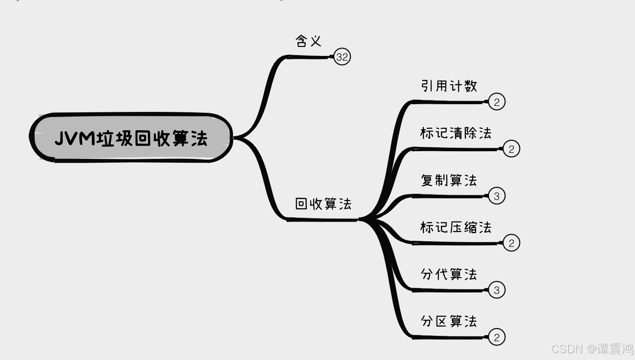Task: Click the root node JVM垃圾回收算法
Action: click(131, 138)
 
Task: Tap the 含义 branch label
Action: click(308, 41)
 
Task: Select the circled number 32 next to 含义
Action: click(342, 57)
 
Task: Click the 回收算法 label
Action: click(323, 204)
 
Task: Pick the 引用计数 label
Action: click(449, 86)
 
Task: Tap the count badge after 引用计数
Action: click(496, 102)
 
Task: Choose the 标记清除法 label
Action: click(456, 133)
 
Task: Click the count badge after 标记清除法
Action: click(511, 149)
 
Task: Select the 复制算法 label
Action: click(449, 180)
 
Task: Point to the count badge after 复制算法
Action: click(496, 196)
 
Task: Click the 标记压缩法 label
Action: click(456, 227)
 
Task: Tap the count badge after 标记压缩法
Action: click(511, 243)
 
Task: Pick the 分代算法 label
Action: click(449, 274)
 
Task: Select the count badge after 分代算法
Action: click(496, 290)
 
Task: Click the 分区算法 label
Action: click(449, 321)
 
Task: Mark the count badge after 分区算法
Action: click(496, 337)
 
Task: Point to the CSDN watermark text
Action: click(592, 348)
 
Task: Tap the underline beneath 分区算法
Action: click(448, 337)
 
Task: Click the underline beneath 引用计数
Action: click(448, 102)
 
